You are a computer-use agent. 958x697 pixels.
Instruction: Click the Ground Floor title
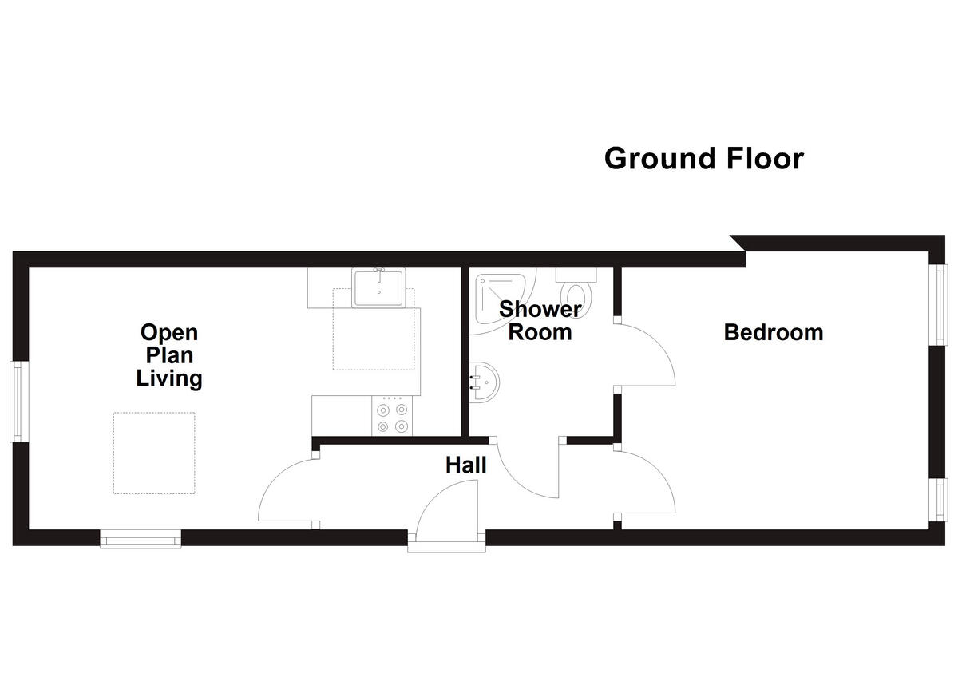(x=703, y=158)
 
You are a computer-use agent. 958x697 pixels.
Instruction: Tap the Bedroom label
(x=773, y=332)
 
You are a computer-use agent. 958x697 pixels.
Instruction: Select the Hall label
(x=465, y=465)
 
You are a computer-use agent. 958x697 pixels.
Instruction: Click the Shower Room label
(x=540, y=321)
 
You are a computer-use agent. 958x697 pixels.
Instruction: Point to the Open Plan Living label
(x=169, y=354)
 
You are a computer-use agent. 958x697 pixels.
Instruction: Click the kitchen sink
(x=379, y=287)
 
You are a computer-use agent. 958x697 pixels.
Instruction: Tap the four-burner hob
(x=393, y=417)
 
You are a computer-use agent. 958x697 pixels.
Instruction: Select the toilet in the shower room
(x=576, y=287)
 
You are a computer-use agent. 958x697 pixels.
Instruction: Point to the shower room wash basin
(x=484, y=382)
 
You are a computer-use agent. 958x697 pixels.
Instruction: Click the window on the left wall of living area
(x=17, y=402)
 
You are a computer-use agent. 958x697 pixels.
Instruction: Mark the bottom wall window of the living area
(x=141, y=541)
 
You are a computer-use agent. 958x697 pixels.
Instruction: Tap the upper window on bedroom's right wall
(x=940, y=304)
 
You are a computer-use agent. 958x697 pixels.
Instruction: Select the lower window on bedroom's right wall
(x=940, y=499)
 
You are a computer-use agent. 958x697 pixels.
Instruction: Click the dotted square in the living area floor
(x=154, y=453)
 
